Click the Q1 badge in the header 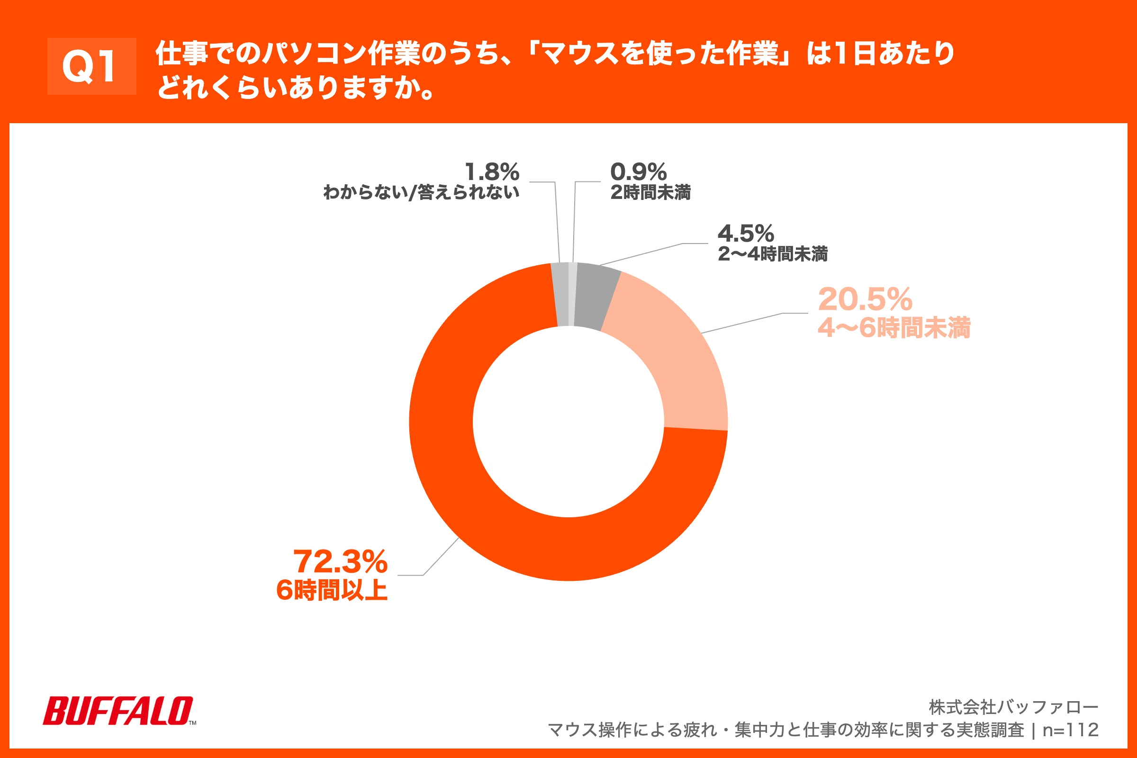[91, 66]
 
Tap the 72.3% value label [340, 562]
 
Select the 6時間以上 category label [332, 590]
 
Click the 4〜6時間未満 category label [893, 328]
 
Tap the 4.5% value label [745, 234]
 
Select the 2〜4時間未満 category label [772, 254]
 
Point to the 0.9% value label [638, 172]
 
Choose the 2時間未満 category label [650, 192]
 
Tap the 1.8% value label [492, 172]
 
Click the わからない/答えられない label [421, 192]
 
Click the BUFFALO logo [118, 711]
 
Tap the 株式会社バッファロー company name [1013, 707]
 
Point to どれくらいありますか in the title [295, 88]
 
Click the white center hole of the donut [568, 422]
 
